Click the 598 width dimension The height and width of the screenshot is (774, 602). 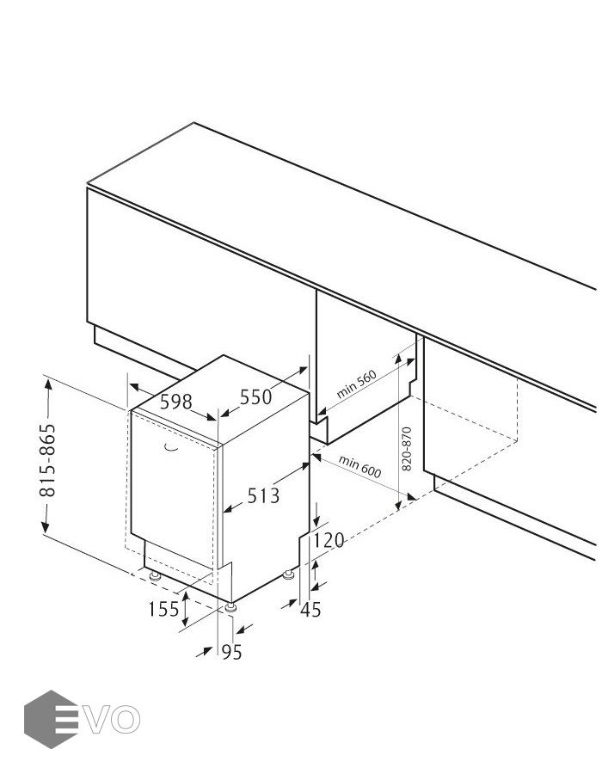[x=176, y=402]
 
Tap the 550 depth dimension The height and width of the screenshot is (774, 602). [x=256, y=396]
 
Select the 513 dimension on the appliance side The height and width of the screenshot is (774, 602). [x=263, y=495]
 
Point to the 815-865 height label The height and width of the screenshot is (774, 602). [x=48, y=460]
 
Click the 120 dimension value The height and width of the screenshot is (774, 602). [x=329, y=541]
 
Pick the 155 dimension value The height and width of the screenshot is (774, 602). [x=163, y=609]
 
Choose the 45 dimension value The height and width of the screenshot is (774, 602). [x=310, y=610]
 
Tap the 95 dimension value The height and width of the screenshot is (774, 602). [x=232, y=652]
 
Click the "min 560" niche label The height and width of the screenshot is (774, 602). [x=356, y=384]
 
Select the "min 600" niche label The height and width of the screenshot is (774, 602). [x=359, y=466]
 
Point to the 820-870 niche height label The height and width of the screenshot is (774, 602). [x=407, y=449]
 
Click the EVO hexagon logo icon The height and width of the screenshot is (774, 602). [x=52, y=719]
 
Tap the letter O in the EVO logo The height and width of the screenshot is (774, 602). [x=126, y=719]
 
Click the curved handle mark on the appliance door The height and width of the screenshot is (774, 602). [x=171, y=448]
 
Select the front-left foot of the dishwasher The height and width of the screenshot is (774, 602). [x=155, y=576]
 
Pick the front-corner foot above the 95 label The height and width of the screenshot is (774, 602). [x=230, y=608]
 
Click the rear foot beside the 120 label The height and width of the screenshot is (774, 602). [x=289, y=574]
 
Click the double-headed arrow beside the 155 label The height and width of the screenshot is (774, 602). [x=186, y=609]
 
